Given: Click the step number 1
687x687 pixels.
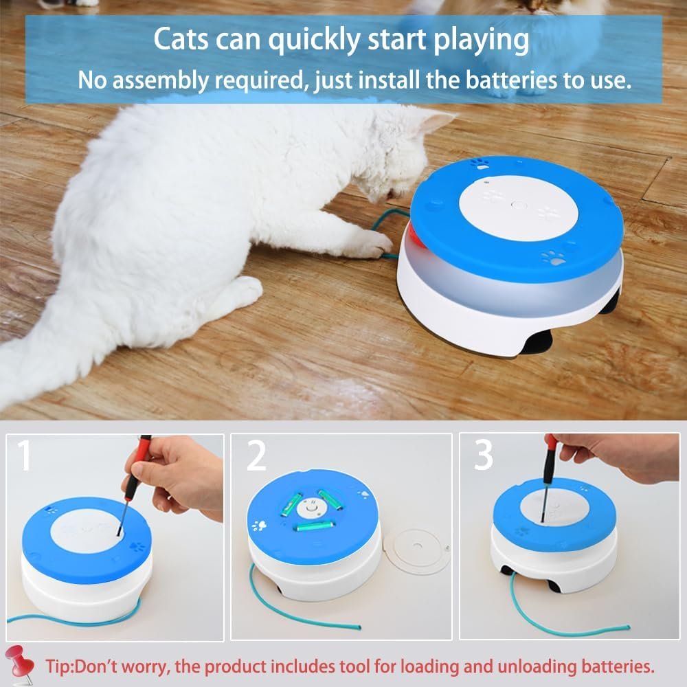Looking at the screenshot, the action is tap(25, 456).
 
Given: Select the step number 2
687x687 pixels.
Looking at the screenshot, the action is tap(256, 456).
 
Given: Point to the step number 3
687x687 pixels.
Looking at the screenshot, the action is tap(484, 455).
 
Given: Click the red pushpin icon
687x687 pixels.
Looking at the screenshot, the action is tap(19, 664).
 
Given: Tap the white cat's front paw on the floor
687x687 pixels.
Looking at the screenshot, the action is tap(372, 244).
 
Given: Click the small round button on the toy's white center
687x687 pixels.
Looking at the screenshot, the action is tap(519, 205).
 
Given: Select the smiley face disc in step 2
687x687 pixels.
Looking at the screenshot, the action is tap(311, 508).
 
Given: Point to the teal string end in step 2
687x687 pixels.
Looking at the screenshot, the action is tap(358, 627).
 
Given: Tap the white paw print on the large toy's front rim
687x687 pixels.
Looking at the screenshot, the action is tap(553, 258).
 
